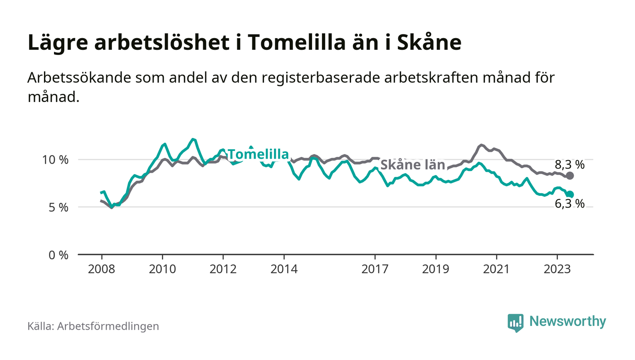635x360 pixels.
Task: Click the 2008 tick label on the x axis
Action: click(102, 269)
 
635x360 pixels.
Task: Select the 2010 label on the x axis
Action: click(162, 269)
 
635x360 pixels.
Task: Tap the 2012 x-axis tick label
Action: click(223, 269)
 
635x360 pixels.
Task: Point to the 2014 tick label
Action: click(284, 269)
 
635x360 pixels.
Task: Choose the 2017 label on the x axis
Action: click(375, 269)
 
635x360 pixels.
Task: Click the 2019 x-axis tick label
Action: click(435, 269)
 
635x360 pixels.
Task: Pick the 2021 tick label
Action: click(496, 269)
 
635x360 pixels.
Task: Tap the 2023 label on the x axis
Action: click(557, 269)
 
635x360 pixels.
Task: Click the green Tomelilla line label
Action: click(258, 155)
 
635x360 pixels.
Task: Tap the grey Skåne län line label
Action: click(412, 165)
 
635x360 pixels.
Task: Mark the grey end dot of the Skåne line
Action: click(570, 175)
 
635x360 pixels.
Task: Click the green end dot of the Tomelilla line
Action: click(570, 195)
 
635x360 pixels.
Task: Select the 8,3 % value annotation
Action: click(570, 165)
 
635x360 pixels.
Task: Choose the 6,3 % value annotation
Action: click(570, 204)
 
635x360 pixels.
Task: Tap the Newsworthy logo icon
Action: click(515, 322)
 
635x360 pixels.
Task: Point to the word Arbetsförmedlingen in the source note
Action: click(108, 326)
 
